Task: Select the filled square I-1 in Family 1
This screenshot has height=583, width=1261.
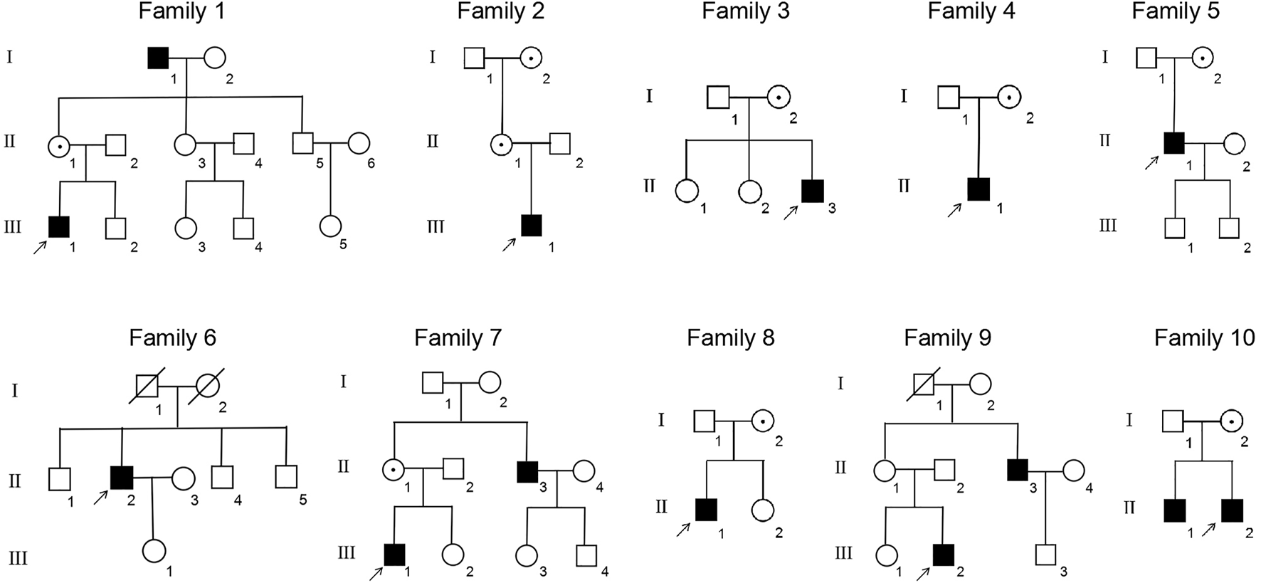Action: point(158,58)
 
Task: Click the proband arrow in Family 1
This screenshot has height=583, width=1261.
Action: point(40,247)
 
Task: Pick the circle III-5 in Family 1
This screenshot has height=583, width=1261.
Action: point(329,226)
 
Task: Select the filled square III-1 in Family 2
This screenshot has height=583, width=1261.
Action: point(532,226)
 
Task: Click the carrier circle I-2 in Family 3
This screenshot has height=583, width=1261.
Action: point(779,97)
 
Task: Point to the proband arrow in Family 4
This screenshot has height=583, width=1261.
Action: point(954,209)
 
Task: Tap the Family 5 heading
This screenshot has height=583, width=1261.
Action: point(1175,11)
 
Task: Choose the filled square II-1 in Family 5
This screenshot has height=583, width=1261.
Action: point(1173,144)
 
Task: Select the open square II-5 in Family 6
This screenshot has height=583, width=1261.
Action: point(285,477)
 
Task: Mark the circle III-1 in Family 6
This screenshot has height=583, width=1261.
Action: point(154,551)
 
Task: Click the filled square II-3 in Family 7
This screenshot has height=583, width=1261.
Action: point(527,471)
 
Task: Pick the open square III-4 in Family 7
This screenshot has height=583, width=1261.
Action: point(586,555)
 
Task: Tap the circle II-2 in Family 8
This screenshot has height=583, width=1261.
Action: point(762,510)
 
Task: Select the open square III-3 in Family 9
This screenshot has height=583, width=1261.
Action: point(1045,555)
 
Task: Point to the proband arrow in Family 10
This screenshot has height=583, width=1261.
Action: point(1208,530)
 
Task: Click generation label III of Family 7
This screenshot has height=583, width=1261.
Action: point(346,553)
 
